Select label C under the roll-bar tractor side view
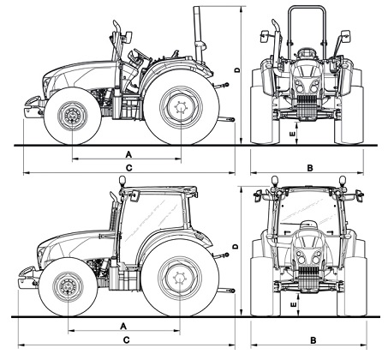tap(128, 166)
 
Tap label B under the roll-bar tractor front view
tap(309, 166)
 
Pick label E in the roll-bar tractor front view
tap(292, 133)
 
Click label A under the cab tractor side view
tap(125, 326)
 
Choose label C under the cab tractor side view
tap(127, 340)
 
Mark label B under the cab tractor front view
tap(312, 340)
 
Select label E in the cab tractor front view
tap(292, 303)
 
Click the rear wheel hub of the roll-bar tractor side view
tap(182, 109)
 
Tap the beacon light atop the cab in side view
tap(122, 181)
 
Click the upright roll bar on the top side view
tap(197, 34)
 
